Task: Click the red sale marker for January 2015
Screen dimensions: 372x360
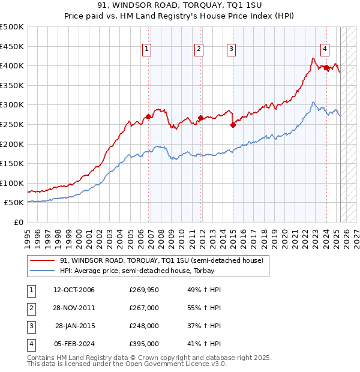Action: pyautogui.click(x=232, y=125)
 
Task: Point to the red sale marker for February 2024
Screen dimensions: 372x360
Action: pyautogui.click(x=326, y=68)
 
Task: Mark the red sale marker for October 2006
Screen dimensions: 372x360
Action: pyautogui.click(x=149, y=116)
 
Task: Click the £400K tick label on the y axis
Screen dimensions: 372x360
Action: pyautogui.click(x=12, y=65)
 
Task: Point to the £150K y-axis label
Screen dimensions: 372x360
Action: pyautogui.click(x=12, y=163)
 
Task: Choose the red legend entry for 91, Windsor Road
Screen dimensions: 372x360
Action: pyautogui.click(x=161, y=260)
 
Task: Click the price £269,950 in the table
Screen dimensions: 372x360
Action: pyautogui.click(x=144, y=290)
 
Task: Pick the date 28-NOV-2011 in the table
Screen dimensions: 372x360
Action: pyautogui.click(x=74, y=308)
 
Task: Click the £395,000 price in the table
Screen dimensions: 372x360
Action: pyautogui.click(x=144, y=344)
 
